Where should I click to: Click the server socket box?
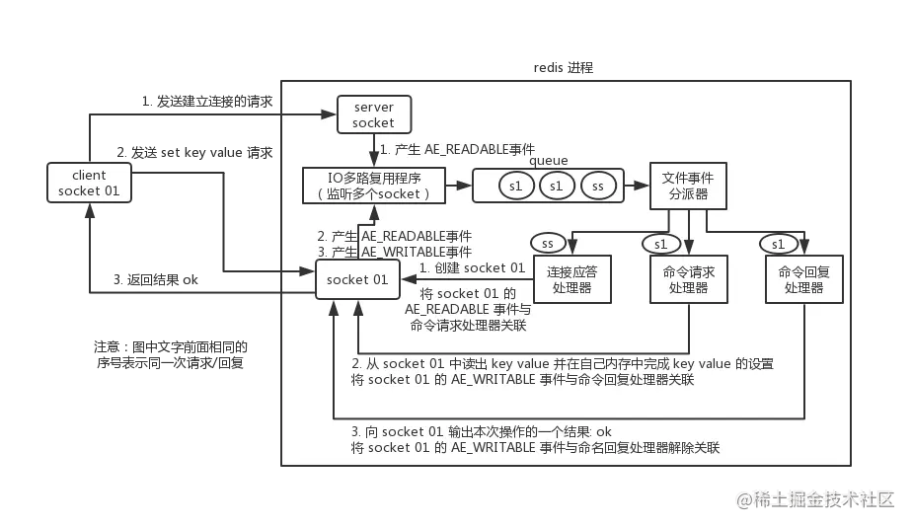[x=373, y=114]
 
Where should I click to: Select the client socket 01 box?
[x=89, y=183]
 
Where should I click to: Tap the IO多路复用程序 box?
[x=373, y=185]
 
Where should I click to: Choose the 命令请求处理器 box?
[x=688, y=279]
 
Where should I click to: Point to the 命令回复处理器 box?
[x=803, y=279]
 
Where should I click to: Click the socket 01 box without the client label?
[x=357, y=279]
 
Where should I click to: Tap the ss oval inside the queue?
[x=598, y=186]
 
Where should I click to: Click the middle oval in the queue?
[x=556, y=186]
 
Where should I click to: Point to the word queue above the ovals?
[x=549, y=161]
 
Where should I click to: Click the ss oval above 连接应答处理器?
[x=549, y=242]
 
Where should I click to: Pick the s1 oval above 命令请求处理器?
[x=660, y=243]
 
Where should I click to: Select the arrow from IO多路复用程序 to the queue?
[x=459, y=185]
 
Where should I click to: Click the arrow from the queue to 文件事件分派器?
[x=639, y=186]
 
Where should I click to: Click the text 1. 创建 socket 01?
[x=472, y=268]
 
